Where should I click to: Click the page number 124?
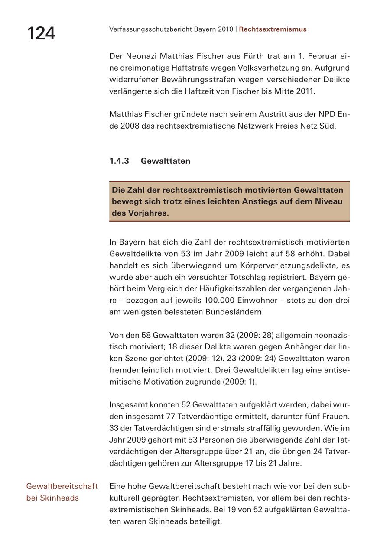click(41, 33)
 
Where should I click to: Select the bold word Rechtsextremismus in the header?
click(273, 29)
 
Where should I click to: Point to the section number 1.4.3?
click(119, 161)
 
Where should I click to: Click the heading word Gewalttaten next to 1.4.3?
click(165, 161)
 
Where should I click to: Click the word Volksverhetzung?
click(282, 68)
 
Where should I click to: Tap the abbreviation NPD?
click(327, 115)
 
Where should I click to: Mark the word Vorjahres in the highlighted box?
click(147, 213)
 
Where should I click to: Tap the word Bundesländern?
click(234, 312)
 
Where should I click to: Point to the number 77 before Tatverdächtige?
click(171, 417)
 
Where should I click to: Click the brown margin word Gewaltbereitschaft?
click(62, 486)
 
